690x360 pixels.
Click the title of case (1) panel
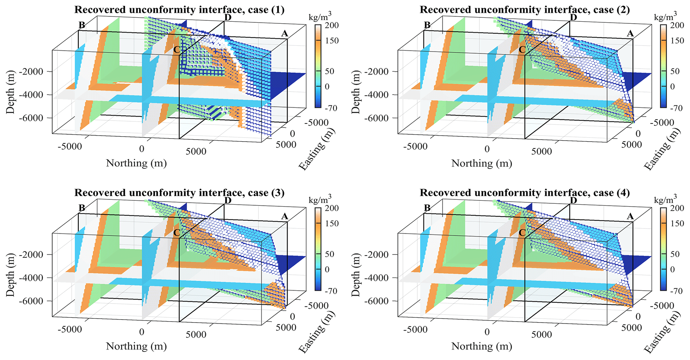[x=179, y=10]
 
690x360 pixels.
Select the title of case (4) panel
[x=525, y=193]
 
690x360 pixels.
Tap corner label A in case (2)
[x=630, y=33]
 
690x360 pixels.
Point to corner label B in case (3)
[x=82, y=208]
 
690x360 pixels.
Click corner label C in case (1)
[x=177, y=50]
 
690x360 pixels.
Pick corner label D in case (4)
[x=573, y=200]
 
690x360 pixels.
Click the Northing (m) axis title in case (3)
[x=136, y=346]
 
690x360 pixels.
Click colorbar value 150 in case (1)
[x=332, y=41]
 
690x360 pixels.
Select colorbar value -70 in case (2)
[x=677, y=108]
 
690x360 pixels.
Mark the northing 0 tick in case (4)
[x=487, y=332]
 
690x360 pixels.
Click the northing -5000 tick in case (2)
[x=416, y=147]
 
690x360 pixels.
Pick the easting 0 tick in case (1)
[x=292, y=134]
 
